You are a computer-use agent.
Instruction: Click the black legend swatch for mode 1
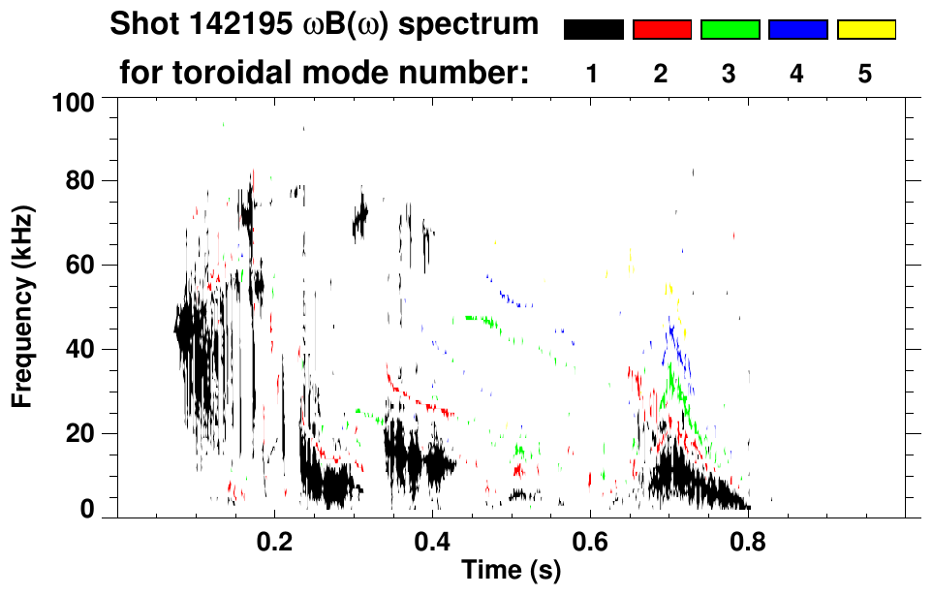(x=593, y=30)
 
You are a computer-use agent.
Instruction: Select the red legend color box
(x=662, y=30)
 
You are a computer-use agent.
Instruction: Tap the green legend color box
(x=730, y=30)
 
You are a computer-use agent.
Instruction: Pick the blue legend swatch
(x=797, y=30)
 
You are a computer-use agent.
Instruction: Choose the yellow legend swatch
(x=865, y=30)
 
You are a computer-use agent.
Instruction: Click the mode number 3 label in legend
(x=730, y=74)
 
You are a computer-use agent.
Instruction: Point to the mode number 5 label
(x=865, y=74)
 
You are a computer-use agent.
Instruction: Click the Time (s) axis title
(x=511, y=571)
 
